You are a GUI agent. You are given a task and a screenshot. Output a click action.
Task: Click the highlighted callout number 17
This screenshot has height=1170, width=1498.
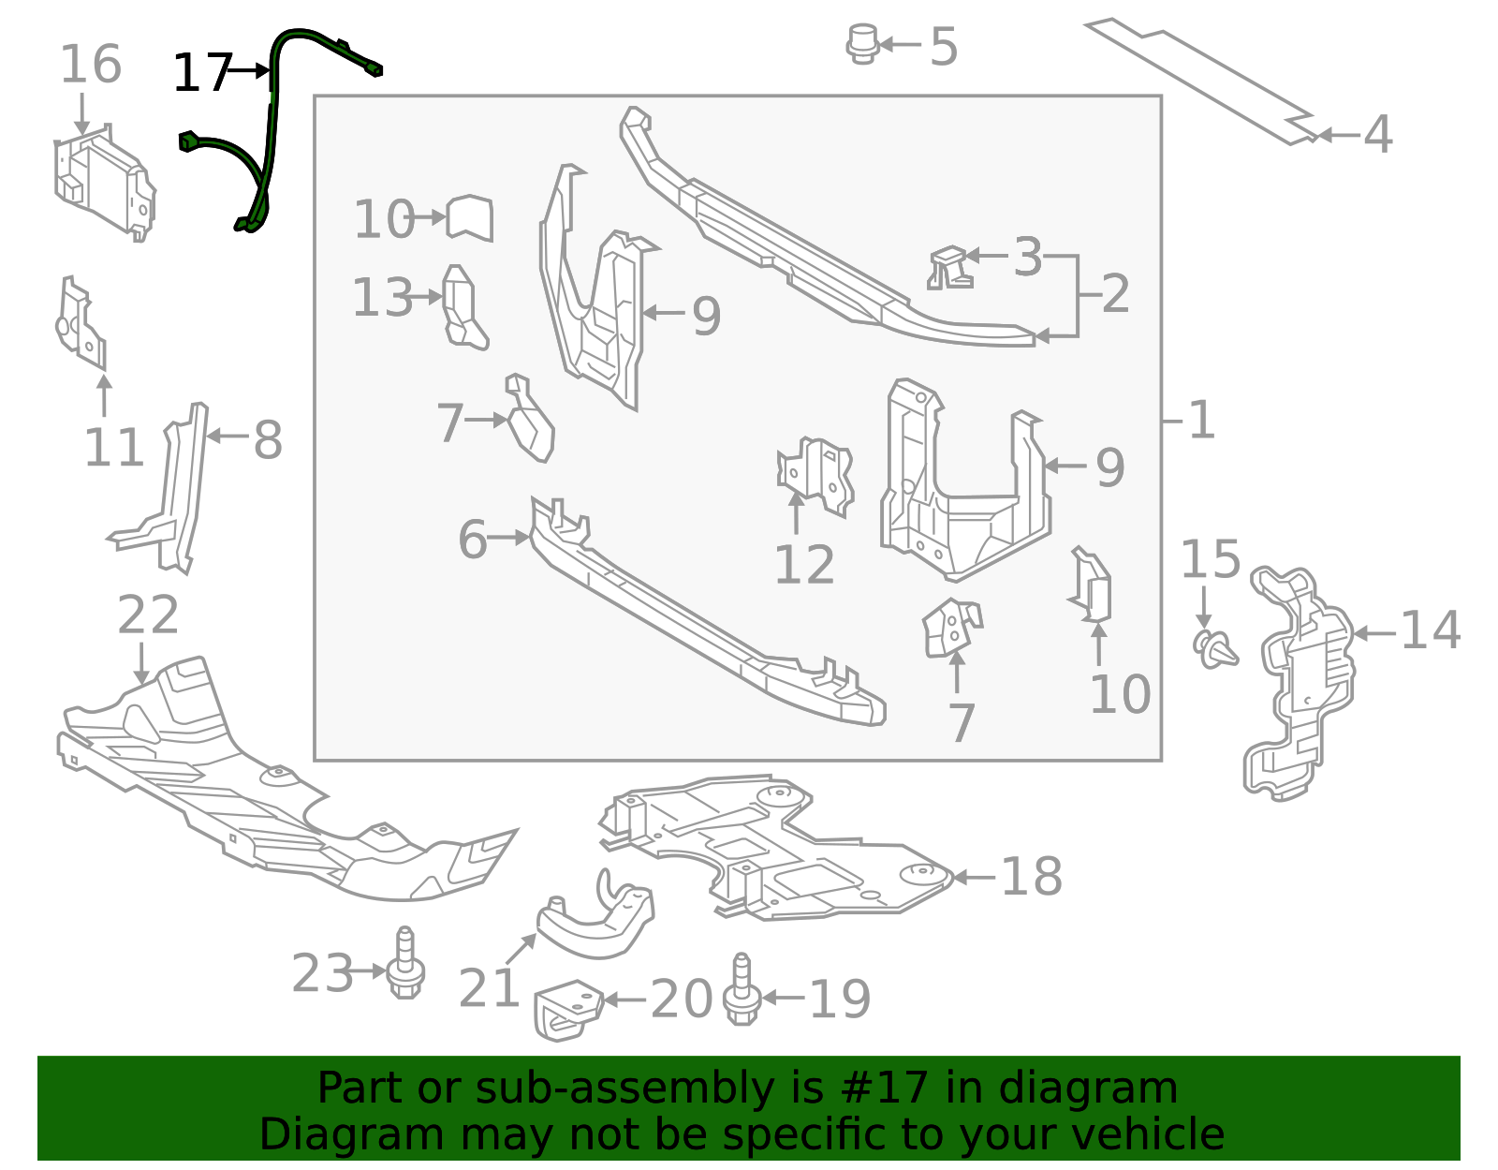point(202,73)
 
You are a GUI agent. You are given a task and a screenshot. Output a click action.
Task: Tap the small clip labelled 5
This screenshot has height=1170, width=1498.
point(862,44)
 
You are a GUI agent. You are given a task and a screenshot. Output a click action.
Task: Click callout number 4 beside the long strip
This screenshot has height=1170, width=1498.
point(1376,135)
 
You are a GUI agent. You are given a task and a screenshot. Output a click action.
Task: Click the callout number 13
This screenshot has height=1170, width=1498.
point(382,298)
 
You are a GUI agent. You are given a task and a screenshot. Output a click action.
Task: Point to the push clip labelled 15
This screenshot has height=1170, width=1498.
point(1215,647)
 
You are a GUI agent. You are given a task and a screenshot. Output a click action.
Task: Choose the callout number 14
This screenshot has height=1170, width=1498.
point(1430,630)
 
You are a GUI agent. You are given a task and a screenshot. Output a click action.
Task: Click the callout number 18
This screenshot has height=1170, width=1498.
point(1031,877)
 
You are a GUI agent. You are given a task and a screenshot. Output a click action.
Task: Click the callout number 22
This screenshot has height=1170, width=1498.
point(148,615)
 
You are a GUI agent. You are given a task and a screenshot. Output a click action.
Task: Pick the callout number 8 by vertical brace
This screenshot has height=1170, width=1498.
point(268,439)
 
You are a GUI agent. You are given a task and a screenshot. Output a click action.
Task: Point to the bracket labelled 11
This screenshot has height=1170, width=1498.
point(81,323)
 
